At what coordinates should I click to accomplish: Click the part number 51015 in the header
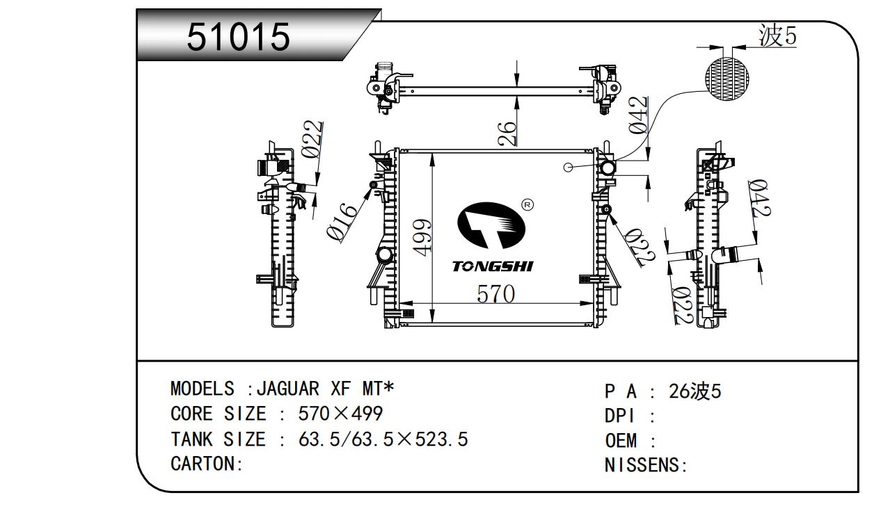pyautogui.click(x=238, y=37)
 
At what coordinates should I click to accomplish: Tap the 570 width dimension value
pyautogui.click(x=495, y=294)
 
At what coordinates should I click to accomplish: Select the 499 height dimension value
pyautogui.click(x=422, y=236)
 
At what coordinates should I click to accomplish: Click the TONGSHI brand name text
pyautogui.click(x=493, y=266)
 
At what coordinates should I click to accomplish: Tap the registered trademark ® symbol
pyautogui.click(x=527, y=205)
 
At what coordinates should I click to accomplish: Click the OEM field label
pyautogui.click(x=621, y=440)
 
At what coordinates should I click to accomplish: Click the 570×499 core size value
pyautogui.click(x=340, y=414)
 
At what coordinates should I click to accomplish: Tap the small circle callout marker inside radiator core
pyautogui.click(x=568, y=167)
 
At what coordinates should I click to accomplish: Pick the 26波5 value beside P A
pyautogui.click(x=695, y=391)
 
